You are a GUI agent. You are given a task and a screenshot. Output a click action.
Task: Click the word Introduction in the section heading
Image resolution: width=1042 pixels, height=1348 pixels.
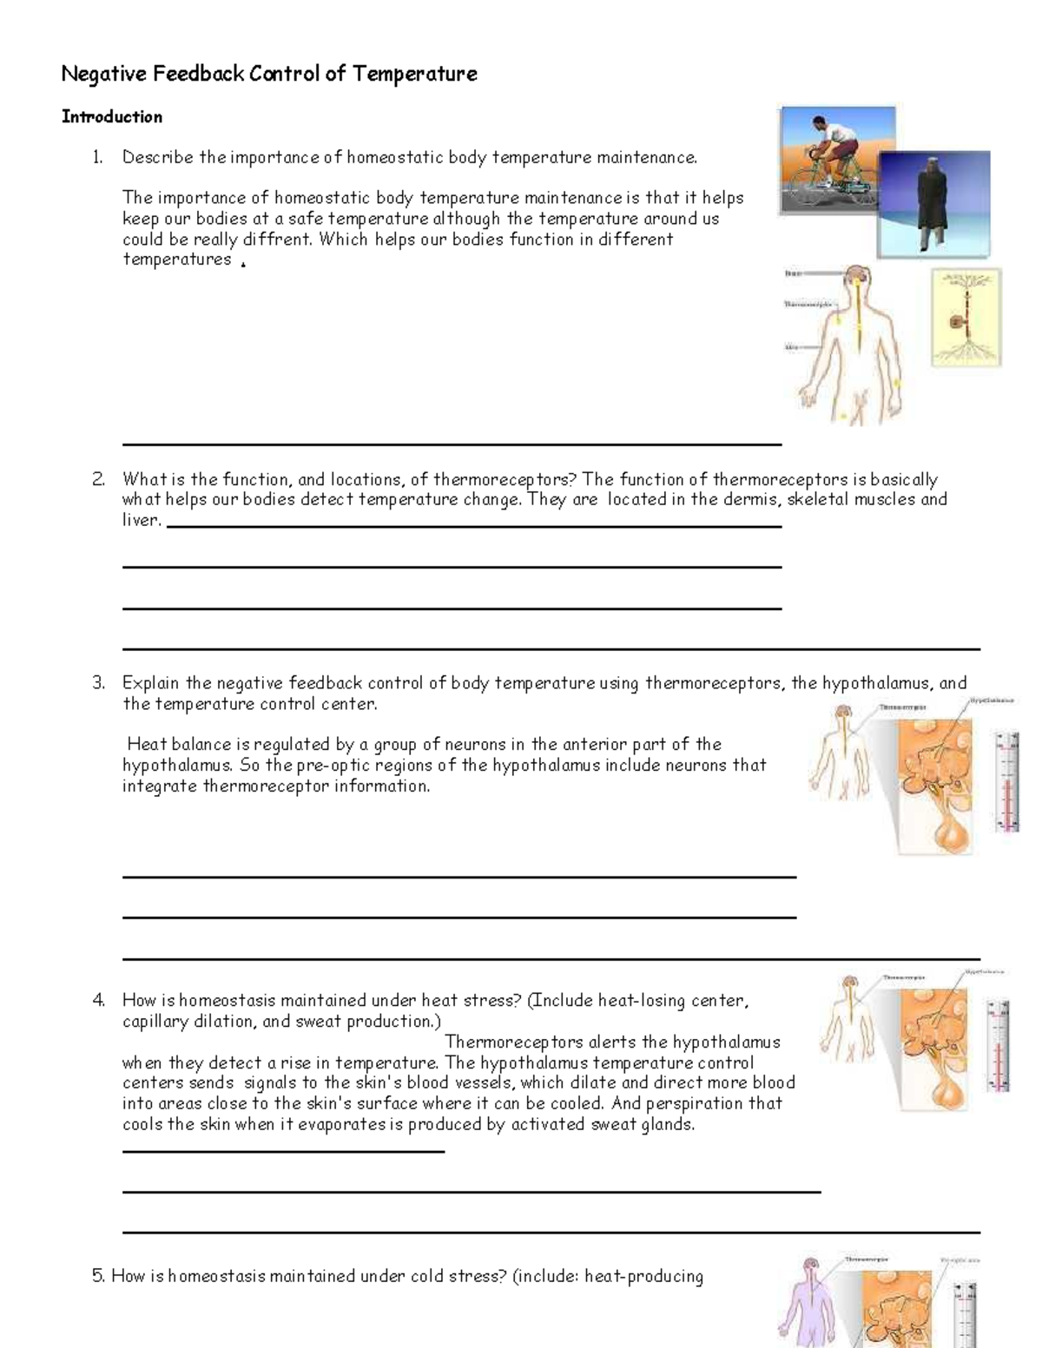(x=112, y=117)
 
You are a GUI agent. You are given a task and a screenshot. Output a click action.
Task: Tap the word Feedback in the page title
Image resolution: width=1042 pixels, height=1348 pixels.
(x=199, y=74)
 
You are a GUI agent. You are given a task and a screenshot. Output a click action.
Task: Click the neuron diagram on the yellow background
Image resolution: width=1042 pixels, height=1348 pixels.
(x=966, y=317)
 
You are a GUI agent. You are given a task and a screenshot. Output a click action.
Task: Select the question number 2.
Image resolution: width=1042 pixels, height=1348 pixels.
(x=98, y=479)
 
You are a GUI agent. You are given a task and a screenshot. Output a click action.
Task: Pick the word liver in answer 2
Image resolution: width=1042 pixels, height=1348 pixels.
(x=139, y=521)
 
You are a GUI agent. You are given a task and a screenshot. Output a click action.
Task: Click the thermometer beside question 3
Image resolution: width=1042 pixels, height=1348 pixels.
(x=1007, y=781)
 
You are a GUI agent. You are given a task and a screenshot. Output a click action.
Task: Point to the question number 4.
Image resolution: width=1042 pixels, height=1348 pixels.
(x=98, y=1001)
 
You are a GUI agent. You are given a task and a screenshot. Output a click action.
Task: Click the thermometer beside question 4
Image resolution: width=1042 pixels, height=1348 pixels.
(x=998, y=1046)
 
